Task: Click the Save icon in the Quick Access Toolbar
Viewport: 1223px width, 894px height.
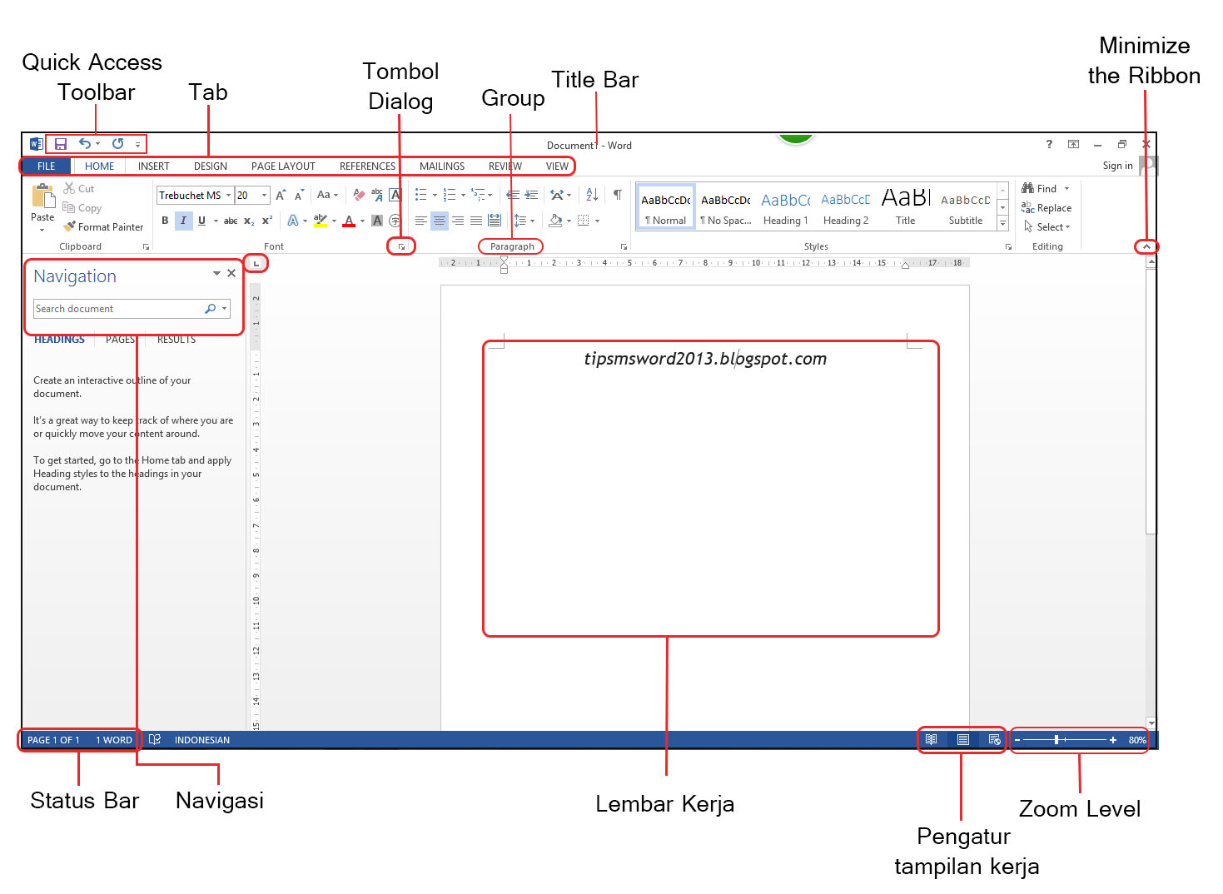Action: (61, 144)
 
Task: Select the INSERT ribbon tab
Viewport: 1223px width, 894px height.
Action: (153, 166)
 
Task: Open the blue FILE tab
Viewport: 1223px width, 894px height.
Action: (46, 166)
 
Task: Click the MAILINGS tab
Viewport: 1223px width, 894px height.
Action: (442, 166)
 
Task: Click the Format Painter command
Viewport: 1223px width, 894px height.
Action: (104, 227)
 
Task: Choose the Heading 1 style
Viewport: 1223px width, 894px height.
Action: (785, 207)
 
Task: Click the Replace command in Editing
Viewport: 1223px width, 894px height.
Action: (1047, 208)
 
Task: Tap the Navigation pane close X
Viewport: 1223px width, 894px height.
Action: (231, 273)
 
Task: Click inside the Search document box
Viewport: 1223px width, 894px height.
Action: (117, 309)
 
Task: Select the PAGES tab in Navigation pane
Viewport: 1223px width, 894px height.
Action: (120, 340)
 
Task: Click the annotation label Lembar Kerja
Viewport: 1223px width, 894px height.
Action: (665, 804)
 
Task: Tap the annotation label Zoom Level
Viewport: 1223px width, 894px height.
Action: (1080, 809)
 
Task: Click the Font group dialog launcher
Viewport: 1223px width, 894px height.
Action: (402, 247)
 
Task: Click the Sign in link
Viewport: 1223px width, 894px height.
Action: (1117, 166)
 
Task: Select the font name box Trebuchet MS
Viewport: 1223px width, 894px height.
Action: (191, 196)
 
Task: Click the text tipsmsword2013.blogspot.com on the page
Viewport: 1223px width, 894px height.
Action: (705, 359)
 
